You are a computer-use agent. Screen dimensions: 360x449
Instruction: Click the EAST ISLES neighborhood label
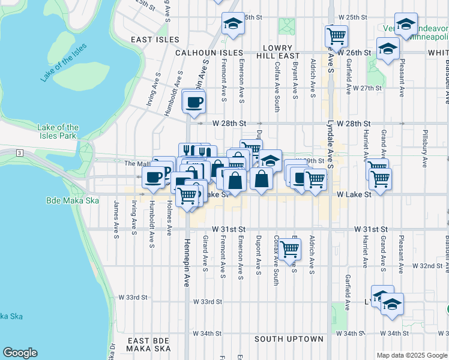[x=155, y=40]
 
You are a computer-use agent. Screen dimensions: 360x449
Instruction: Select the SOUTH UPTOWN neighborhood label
[x=289, y=339]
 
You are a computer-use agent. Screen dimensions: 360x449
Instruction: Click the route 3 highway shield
[x=20, y=154]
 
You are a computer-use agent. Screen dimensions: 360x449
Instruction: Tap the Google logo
[x=20, y=353]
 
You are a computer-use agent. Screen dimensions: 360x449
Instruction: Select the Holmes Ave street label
[x=170, y=219]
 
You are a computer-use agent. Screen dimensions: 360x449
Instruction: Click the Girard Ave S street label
[x=206, y=255]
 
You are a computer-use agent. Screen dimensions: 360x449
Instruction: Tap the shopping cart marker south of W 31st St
[x=289, y=248]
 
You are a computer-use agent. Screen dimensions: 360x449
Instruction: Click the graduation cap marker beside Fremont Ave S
[x=232, y=24]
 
